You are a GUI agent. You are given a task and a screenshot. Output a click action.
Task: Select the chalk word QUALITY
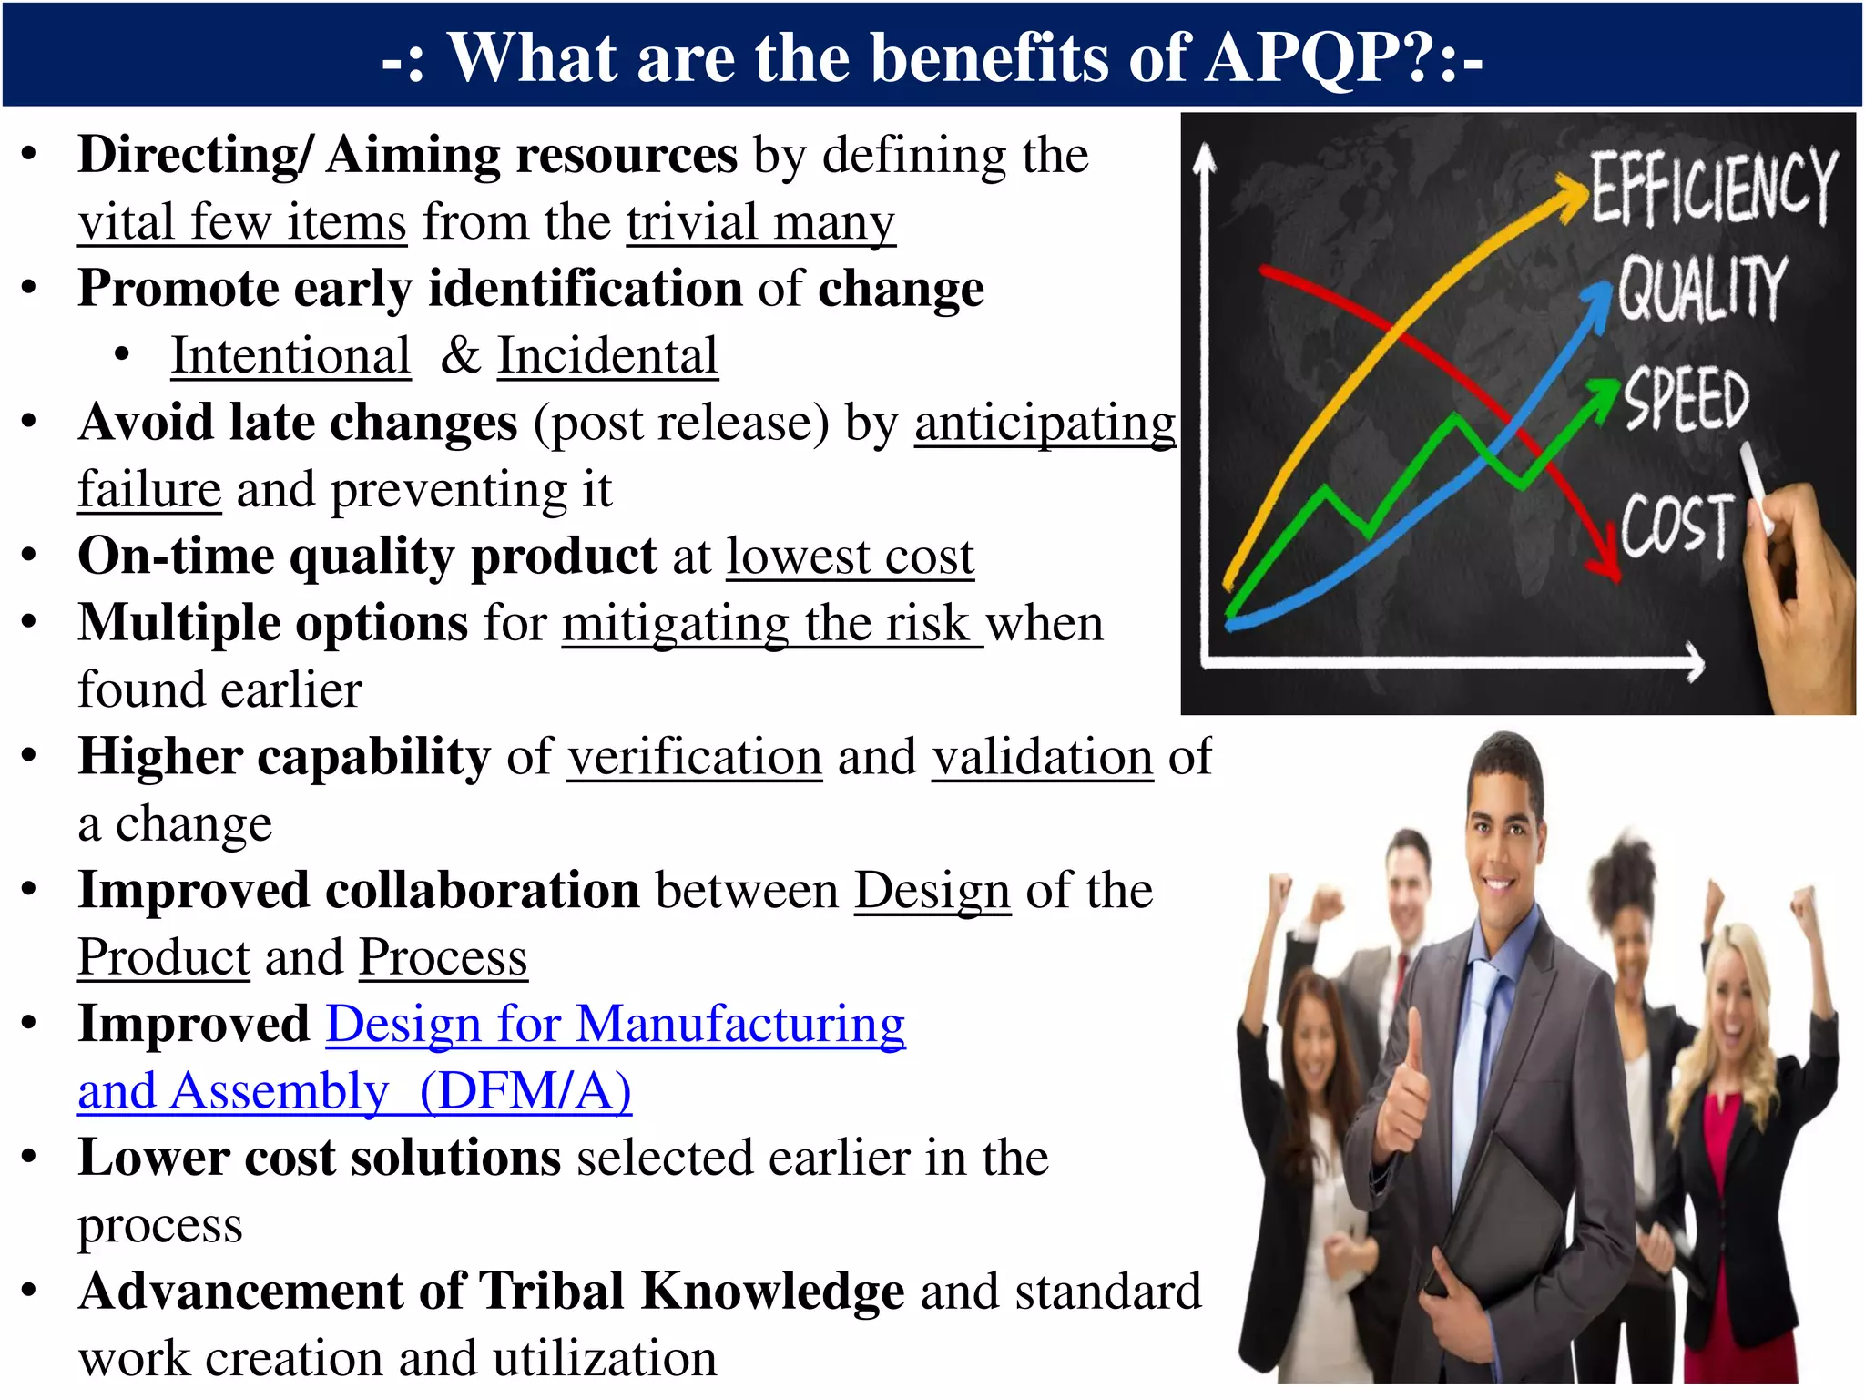tap(1701, 289)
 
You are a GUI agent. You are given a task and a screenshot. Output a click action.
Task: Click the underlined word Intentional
tap(290, 355)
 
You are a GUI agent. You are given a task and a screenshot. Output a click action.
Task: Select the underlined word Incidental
tap(607, 355)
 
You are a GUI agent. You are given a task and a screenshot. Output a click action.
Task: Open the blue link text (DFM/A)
tap(525, 1090)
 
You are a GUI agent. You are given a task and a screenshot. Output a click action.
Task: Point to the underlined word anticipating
tap(1045, 423)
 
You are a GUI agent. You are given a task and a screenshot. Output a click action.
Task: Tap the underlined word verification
tap(695, 757)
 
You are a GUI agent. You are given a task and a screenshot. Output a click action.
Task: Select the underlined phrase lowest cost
tap(850, 557)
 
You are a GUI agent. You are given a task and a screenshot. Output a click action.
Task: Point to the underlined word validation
tap(1043, 757)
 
